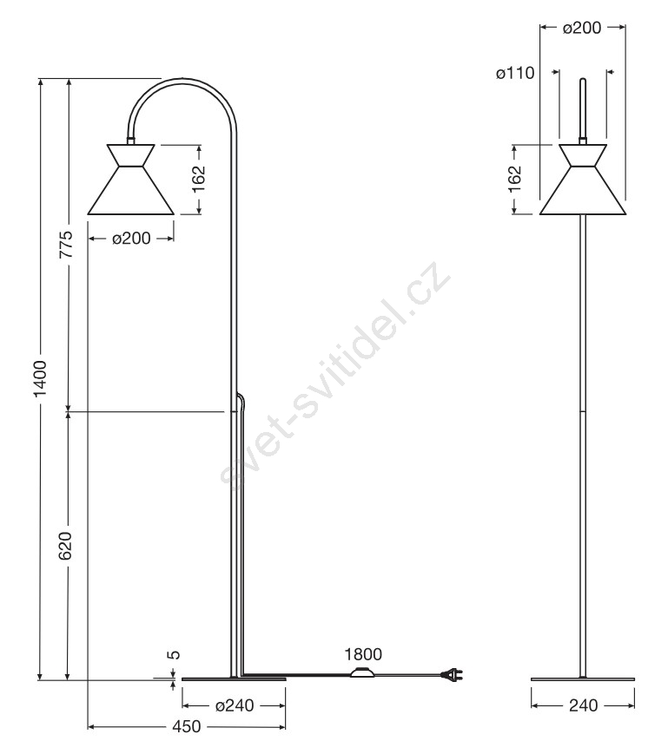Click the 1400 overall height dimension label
(x=41, y=378)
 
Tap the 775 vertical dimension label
(x=65, y=245)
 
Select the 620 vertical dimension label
(x=65, y=546)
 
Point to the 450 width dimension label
(x=186, y=726)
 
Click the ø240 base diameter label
(x=235, y=705)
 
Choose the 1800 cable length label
(x=363, y=654)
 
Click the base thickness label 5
(x=175, y=654)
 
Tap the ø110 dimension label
(x=515, y=73)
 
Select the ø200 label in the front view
(x=582, y=28)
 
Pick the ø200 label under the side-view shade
(x=131, y=238)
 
